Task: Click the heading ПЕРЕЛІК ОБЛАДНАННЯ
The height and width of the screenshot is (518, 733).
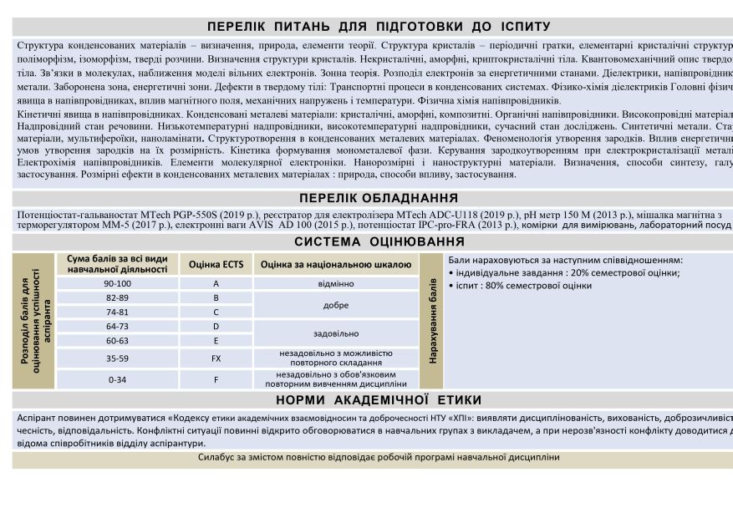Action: [x=378, y=198]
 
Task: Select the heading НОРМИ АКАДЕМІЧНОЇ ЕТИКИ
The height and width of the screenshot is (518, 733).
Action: [x=378, y=400]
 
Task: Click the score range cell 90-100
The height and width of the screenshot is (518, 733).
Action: [x=117, y=284]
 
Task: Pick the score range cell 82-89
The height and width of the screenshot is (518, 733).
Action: [x=117, y=298]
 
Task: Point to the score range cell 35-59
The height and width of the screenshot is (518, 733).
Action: [x=117, y=358]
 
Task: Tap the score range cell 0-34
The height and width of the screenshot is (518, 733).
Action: [x=117, y=379]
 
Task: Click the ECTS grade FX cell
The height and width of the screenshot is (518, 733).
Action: [x=216, y=358]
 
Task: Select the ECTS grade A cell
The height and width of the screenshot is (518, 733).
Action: [x=216, y=284]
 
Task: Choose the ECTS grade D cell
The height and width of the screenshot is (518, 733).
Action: [x=216, y=327]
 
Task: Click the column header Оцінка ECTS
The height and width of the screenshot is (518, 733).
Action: [x=216, y=264]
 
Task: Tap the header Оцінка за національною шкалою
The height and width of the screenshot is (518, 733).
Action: [x=335, y=264]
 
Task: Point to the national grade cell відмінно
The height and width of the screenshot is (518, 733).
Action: [x=335, y=284]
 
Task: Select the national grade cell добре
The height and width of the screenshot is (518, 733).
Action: [x=335, y=306]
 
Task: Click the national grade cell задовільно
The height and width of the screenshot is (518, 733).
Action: [x=335, y=333]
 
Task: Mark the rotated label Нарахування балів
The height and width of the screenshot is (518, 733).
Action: [x=433, y=321]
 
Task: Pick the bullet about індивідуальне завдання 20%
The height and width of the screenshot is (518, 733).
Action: [x=564, y=273]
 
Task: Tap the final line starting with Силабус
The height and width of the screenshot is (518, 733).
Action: [x=379, y=458]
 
